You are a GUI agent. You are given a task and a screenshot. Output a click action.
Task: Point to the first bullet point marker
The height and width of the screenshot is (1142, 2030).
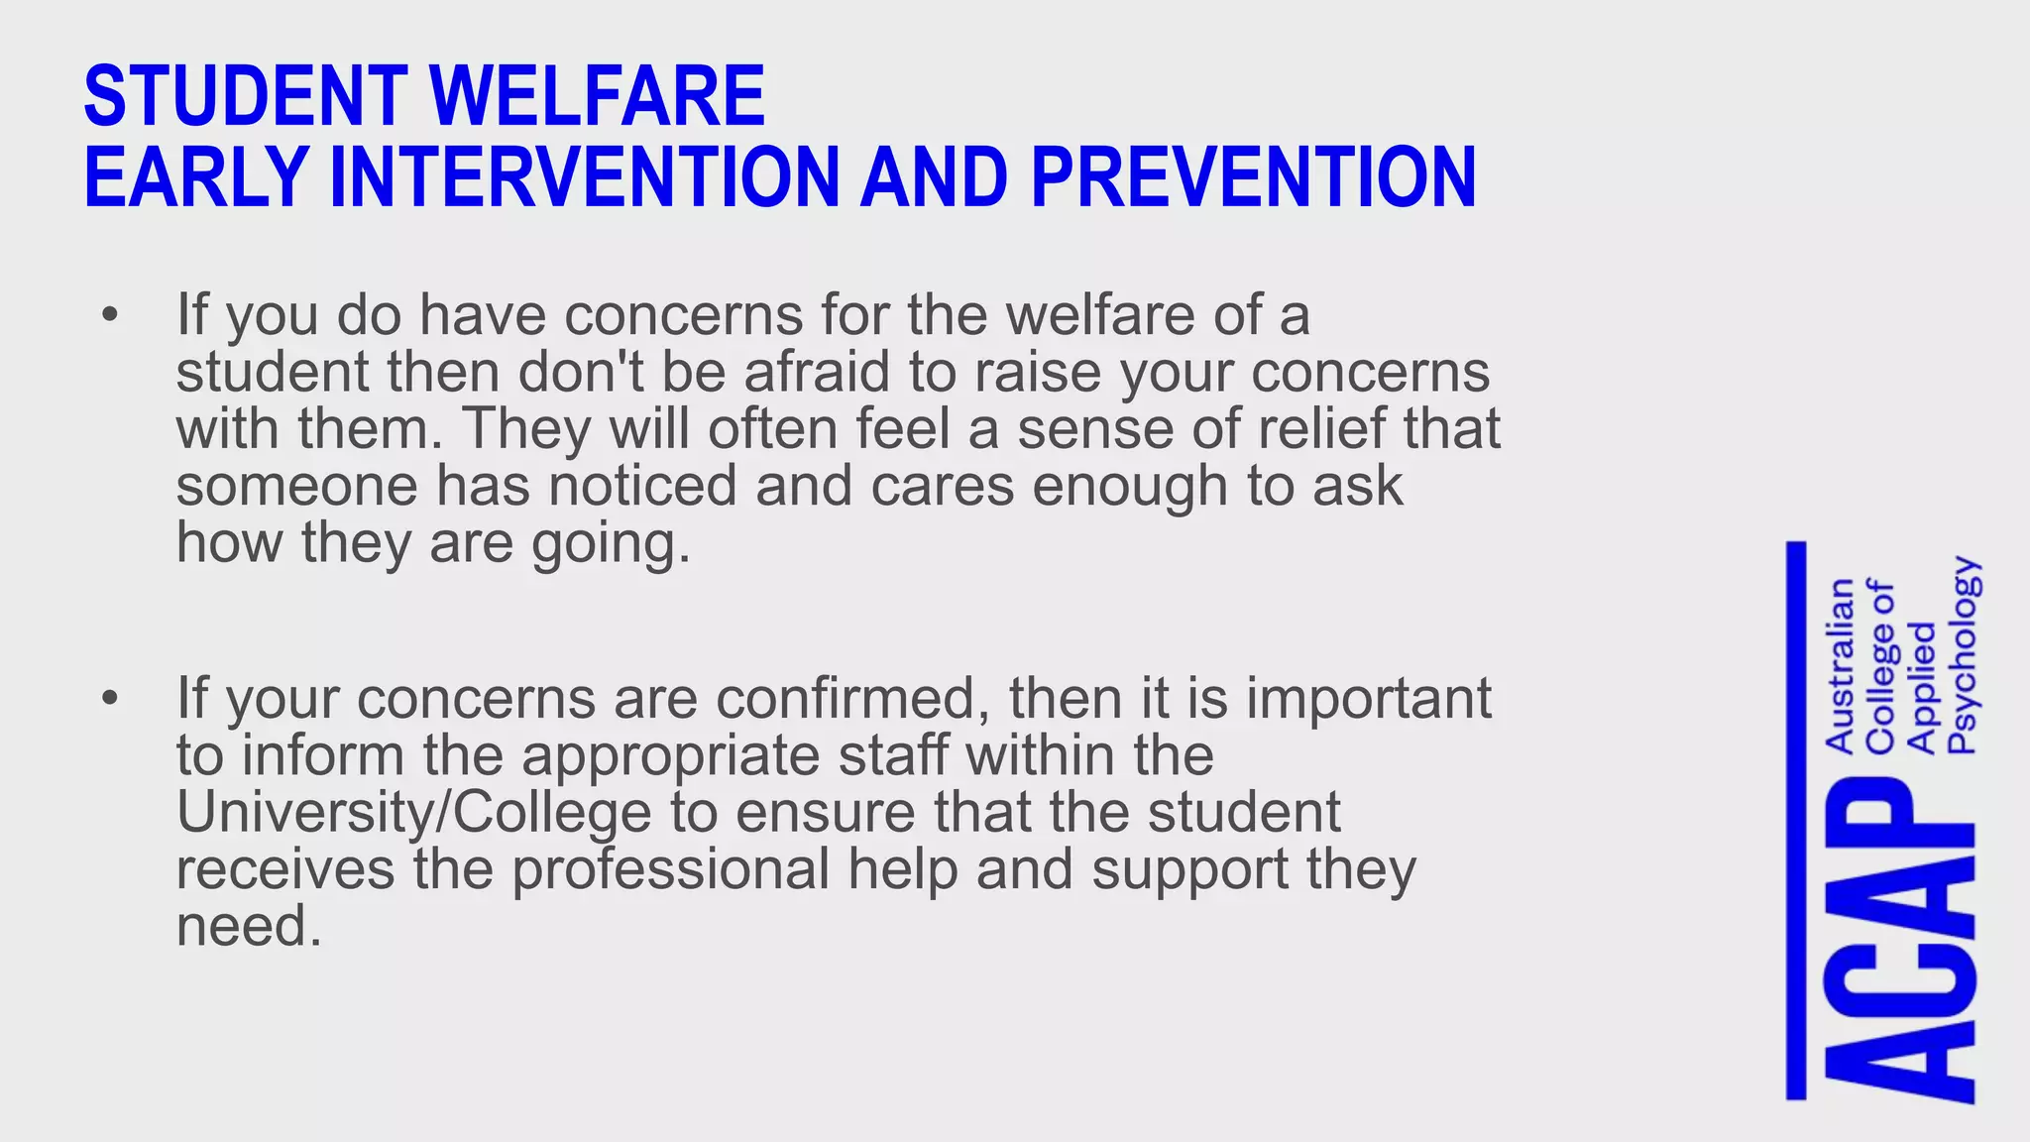(x=109, y=316)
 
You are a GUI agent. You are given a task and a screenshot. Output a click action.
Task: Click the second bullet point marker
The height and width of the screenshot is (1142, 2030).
(x=109, y=699)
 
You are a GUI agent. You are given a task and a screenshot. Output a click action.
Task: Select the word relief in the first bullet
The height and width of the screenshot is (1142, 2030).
(x=1322, y=429)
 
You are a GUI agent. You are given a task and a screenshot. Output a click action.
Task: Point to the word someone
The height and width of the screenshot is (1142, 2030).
(x=298, y=487)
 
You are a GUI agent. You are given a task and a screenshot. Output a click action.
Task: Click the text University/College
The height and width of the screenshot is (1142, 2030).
(x=413, y=813)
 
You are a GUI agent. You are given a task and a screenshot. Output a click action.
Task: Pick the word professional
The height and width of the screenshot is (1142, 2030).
(x=670, y=870)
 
